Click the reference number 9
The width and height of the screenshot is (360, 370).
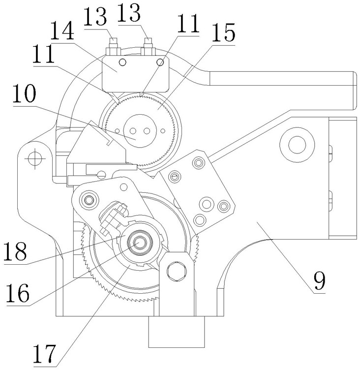tap(319, 281)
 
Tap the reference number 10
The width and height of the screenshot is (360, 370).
tap(24, 93)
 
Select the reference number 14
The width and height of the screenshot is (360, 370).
tap(62, 31)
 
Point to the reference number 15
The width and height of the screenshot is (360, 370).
tap(223, 32)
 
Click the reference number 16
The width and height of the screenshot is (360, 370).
tap(18, 293)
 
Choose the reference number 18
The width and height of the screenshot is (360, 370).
tap(15, 251)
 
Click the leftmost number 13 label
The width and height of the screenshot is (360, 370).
tap(95, 17)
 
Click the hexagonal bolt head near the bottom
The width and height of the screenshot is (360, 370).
tap(177, 271)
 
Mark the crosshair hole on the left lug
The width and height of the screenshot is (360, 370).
tap(35, 158)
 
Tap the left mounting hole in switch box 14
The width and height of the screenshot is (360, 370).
tap(122, 62)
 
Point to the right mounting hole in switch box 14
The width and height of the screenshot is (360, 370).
tap(160, 62)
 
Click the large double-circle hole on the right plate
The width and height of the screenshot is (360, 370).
tap(297, 145)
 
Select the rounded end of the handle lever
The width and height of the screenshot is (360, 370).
tap(355, 91)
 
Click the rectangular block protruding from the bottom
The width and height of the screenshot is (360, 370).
tap(177, 332)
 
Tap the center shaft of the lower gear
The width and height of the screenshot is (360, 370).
tap(139, 243)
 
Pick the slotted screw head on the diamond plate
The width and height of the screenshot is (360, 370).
tap(175, 176)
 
